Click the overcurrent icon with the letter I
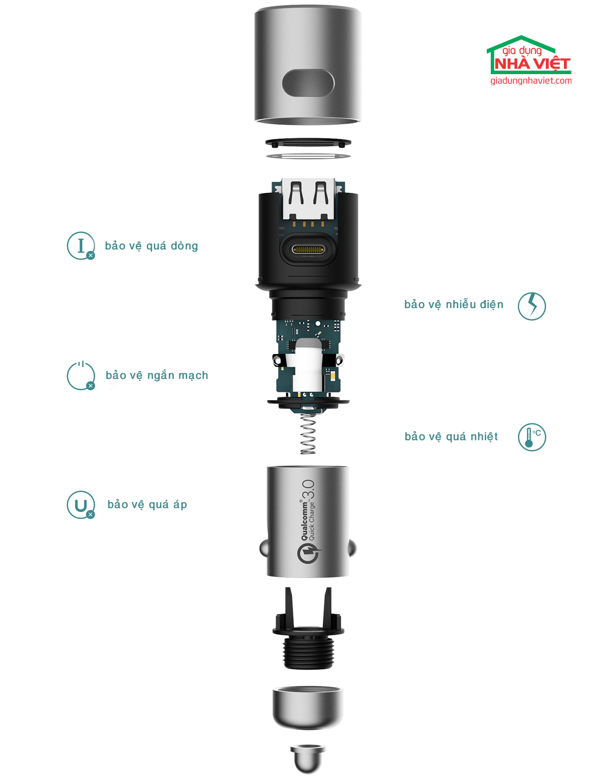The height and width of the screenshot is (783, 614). click(81, 246)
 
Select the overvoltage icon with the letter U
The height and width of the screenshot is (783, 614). click(81, 505)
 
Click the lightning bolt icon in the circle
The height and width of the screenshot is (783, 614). click(532, 306)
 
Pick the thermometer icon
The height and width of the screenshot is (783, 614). click(532, 437)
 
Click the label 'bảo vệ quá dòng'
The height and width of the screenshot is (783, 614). click(151, 246)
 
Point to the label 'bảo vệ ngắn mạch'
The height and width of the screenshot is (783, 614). click(157, 375)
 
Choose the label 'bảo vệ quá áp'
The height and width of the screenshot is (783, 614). click(147, 504)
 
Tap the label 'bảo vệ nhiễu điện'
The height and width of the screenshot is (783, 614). click(454, 305)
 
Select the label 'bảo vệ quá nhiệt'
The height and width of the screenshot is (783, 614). click(451, 437)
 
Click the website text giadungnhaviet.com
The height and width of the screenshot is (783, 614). click(531, 81)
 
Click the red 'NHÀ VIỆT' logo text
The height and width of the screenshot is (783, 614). click(532, 64)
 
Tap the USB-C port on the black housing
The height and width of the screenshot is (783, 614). click(308, 249)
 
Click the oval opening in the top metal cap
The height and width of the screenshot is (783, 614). click(308, 83)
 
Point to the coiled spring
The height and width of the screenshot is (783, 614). click(309, 433)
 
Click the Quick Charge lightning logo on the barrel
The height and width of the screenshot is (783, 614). click(309, 554)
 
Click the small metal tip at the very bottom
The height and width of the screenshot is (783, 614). click(308, 759)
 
